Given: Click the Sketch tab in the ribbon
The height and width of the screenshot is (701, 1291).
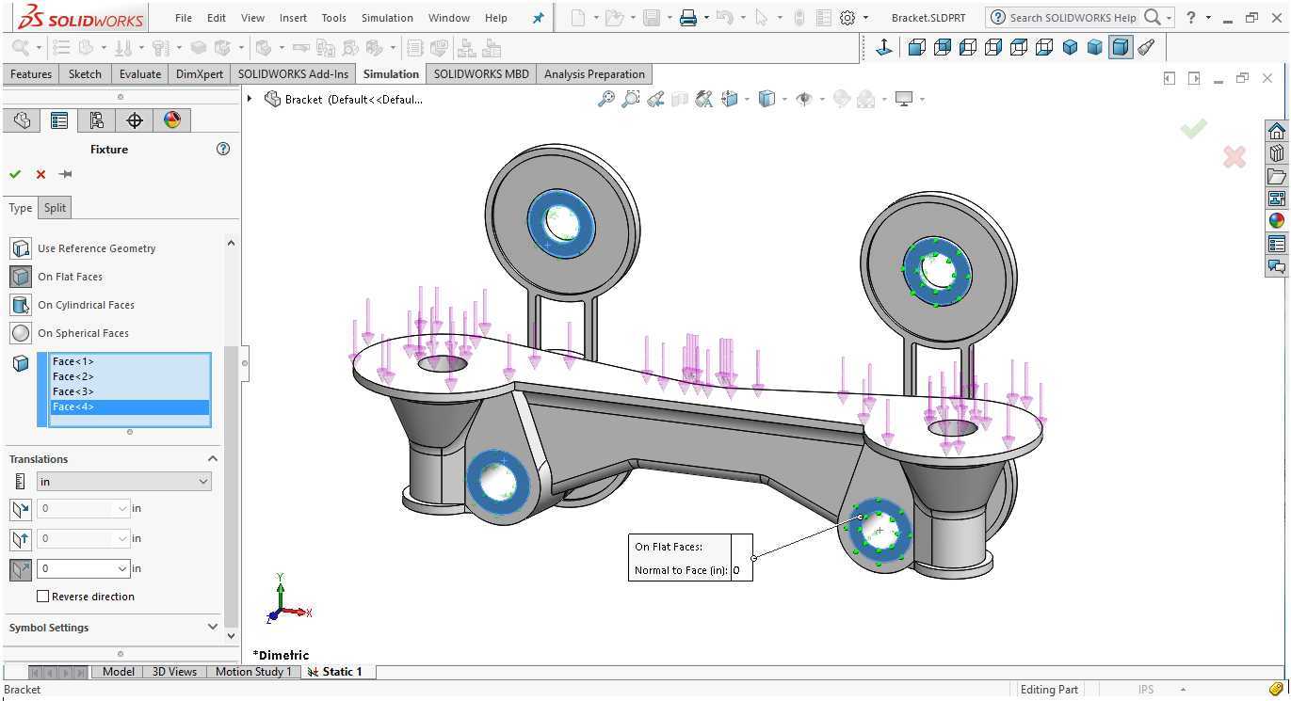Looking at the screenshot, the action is coord(85,74).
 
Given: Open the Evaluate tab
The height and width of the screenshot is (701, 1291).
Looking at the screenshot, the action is coord(140,74).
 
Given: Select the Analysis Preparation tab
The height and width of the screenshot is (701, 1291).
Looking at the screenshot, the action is coord(594,74).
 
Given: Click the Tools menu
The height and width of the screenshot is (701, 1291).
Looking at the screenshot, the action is coord(333,18).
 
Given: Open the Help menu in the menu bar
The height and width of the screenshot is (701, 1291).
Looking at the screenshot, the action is coord(495,18).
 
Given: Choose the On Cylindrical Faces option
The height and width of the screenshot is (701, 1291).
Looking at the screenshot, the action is coord(86,305).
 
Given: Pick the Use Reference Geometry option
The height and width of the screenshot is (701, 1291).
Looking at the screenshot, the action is coord(96,248).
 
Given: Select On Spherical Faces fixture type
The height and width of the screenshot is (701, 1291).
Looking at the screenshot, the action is coord(83,333).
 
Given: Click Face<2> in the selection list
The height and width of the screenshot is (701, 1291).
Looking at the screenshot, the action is coord(73,376).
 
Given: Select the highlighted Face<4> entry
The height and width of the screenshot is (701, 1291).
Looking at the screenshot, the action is coord(73,406).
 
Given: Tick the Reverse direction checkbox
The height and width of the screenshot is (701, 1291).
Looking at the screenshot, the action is coord(42,597).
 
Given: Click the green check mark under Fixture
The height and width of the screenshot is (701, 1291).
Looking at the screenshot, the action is coord(15,174).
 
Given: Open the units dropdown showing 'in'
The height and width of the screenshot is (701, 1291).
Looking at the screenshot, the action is coord(124,482).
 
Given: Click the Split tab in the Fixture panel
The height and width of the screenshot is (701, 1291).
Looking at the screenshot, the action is coord(55,207).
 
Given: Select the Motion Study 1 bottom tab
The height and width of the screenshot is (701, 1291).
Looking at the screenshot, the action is coord(253,672).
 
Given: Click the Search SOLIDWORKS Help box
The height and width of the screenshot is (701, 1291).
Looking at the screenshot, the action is coord(1073,18).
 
